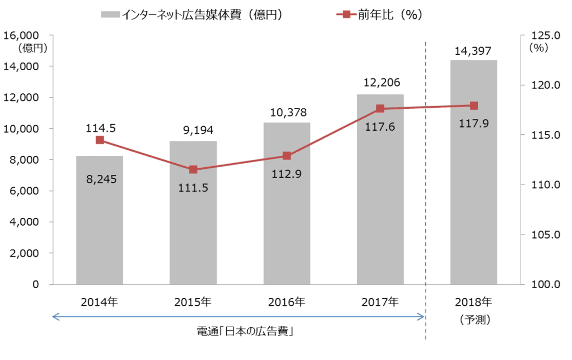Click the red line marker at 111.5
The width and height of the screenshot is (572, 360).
coord(193,170)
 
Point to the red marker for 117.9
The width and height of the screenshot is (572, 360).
coord(474,106)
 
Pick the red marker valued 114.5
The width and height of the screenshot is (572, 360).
coord(100,140)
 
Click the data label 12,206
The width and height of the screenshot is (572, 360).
coord(380,83)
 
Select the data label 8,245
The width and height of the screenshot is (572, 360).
coord(100,179)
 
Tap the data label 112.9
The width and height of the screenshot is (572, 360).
coord(286,174)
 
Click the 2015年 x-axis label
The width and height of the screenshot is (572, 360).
coord(193,302)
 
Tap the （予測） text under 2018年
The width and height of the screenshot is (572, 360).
coord(474,319)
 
